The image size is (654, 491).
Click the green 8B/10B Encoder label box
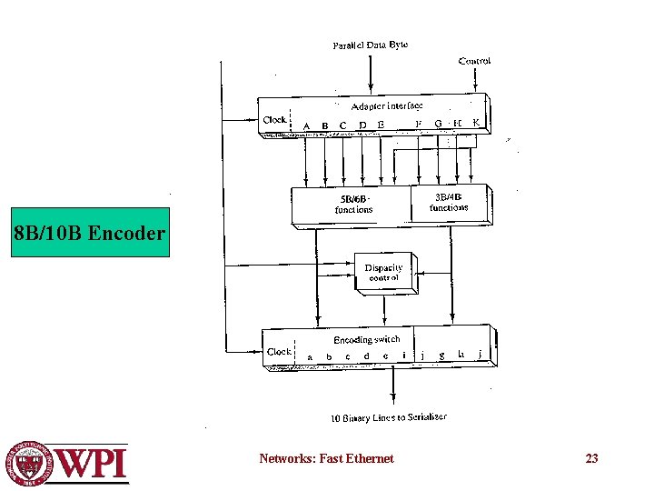[90, 234]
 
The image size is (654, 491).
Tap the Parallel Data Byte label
[371, 45]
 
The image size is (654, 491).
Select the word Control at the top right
[475, 61]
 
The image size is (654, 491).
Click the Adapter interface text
[381, 106]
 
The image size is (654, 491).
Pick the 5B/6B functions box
[353, 205]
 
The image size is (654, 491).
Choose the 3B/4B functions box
[449, 202]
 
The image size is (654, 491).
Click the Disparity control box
[383, 273]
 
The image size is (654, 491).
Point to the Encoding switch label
[366, 340]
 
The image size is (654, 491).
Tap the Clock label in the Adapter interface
[274, 119]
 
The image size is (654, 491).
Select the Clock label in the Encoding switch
[279, 352]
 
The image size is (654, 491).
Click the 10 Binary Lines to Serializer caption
[388, 418]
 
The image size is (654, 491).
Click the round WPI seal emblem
[30, 463]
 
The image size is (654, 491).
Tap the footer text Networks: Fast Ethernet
[326, 458]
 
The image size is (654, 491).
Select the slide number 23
[591, 458]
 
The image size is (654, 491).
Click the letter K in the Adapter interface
[476, 123]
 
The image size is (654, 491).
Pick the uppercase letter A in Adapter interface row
[306, 125]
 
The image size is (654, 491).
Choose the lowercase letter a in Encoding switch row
[311, 357]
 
